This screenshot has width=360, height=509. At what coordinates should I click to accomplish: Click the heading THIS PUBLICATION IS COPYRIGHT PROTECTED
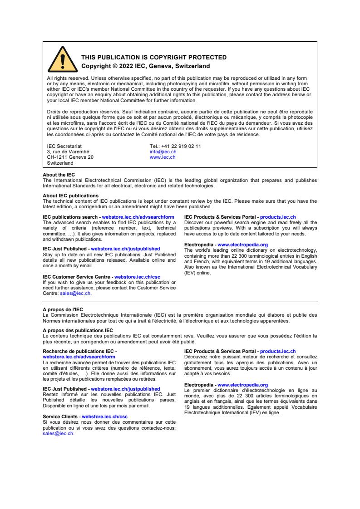tap(153, 58)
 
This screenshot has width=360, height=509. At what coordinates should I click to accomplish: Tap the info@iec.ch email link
tap(163, 152)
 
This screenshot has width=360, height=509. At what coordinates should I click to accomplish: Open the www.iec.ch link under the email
tap(163, 157)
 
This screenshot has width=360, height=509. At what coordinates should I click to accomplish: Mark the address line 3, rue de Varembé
tap(68, 152)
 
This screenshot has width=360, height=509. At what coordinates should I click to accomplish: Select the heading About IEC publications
tap(70, 196)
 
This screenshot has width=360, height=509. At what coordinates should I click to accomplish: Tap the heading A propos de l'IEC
tap(63, 309)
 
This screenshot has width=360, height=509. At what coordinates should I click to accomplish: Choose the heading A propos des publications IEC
tap(78, 330)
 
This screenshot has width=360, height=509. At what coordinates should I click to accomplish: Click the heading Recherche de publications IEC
tap(79, 351)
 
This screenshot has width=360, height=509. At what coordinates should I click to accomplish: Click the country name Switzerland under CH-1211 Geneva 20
tap(60, 162)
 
